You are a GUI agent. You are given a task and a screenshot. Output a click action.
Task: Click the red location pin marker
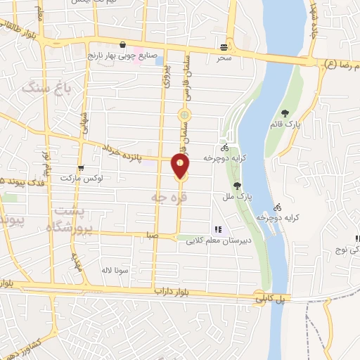tap(181, 166)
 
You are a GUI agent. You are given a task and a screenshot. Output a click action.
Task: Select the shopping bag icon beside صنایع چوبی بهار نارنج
tap(124, 44)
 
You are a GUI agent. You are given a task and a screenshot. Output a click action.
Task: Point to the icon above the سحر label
tap(224, 46)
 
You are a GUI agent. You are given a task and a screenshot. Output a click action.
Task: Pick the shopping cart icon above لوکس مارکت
tap(82, 168)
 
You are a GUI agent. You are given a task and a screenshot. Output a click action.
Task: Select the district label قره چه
tap(167, 199)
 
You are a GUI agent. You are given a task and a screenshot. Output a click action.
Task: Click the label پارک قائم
tap(288, 124)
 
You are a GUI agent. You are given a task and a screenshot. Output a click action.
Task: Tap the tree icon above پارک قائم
tap(284, 113)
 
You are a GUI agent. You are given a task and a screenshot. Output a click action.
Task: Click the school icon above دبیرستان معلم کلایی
tap(217, 229)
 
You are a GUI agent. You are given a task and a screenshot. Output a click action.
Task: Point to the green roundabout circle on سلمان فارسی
tap(184, 115)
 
